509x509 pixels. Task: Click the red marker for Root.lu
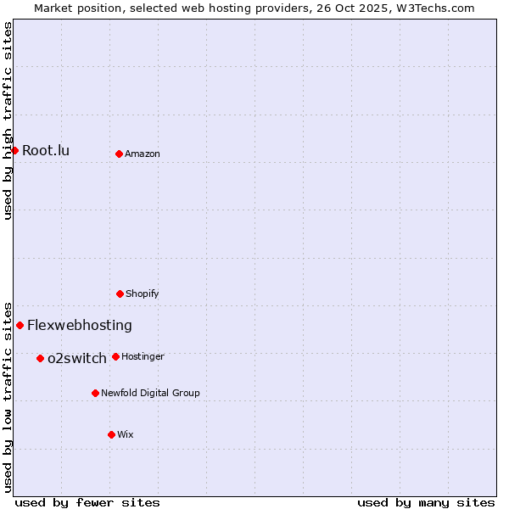point(14,150)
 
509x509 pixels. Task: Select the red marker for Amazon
point(119,154)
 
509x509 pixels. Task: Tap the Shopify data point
point(120,294)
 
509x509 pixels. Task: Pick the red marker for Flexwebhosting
point(20,325)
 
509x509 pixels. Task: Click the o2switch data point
point(40,358)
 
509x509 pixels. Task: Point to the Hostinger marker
point(115,356)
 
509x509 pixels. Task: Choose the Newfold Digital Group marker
point(95,393)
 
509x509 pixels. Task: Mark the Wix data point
point(111,434)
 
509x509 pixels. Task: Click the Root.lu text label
point(46,151)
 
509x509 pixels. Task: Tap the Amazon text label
point(143,154)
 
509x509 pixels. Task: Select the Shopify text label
point(143,294)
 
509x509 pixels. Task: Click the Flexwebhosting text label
point(80,326)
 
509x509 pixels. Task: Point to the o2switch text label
point(77,359)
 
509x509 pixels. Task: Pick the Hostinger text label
point(143,357)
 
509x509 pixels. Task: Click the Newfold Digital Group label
point(150,394)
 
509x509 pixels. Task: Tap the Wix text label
point(126,435)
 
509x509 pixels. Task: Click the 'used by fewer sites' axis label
point(87,502)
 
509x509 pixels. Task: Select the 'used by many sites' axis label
point(426,502)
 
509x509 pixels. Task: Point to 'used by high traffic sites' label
point(8,120)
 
